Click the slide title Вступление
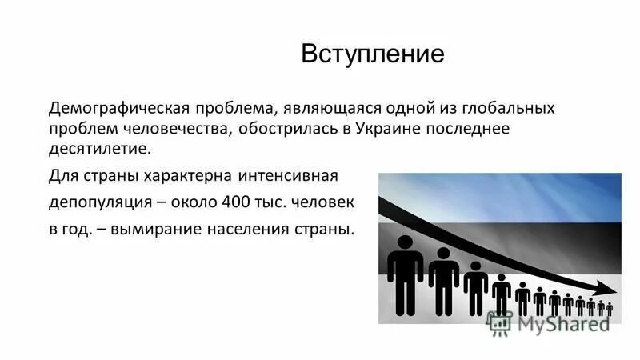pos(372,54)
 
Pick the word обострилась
pos(292,129)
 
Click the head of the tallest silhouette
pos(406,242)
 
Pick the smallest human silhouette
pos(610,309)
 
